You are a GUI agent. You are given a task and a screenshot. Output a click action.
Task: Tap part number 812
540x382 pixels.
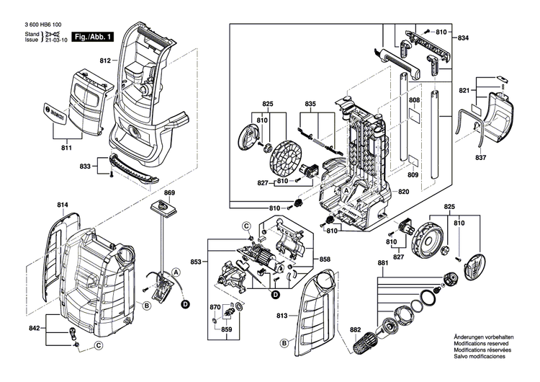[105, 61]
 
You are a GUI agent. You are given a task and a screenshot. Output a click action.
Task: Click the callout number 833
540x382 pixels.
[86, 166]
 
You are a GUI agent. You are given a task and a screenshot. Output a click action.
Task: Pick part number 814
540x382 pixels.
[63, 206]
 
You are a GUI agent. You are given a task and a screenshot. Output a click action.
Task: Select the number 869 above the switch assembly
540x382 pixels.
[170, 192]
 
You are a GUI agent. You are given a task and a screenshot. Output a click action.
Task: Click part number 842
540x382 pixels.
[34, 328]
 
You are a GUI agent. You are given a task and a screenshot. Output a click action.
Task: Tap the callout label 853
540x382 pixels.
[196, 261]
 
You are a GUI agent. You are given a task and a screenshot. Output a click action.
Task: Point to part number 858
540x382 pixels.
[325, 258]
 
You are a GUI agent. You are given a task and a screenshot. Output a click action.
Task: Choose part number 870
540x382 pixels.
[214, 307]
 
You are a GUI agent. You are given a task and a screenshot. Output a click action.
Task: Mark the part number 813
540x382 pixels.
[282, 316]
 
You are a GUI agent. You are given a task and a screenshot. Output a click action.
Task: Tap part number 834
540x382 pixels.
[463, 37]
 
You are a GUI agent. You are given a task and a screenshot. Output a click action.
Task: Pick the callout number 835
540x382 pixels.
[310, 104]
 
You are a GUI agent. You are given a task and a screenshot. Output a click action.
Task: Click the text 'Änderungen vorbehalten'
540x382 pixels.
[484, 337]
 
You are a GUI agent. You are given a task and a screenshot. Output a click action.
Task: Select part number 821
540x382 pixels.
[464, 91]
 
